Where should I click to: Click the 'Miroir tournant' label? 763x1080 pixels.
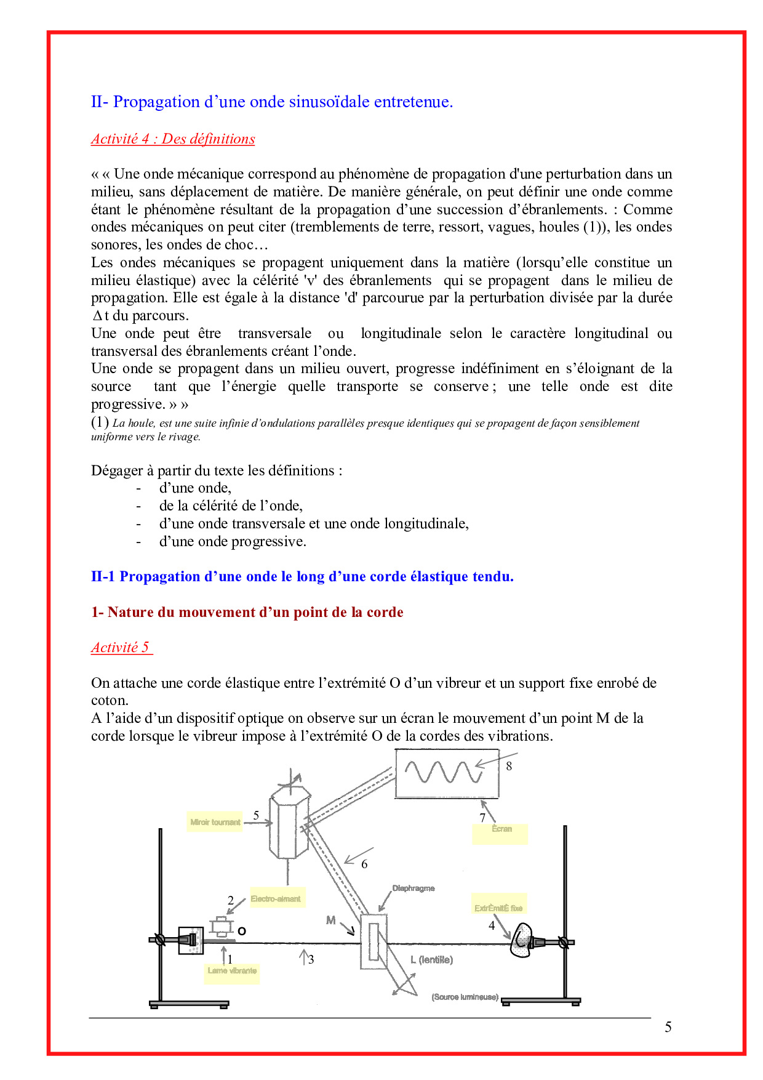pos(215,822)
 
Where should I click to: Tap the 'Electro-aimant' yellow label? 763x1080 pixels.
pos(276,899)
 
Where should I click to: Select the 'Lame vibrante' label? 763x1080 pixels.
pos(232,971)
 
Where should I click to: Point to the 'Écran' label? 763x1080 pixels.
pos(501,829)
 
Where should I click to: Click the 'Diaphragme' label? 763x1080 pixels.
pos(413,889)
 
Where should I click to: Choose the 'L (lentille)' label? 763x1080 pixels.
pos(431,960)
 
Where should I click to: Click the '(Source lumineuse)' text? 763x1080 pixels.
pos(465,997)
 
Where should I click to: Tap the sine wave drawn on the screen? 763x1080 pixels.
pos(443,772)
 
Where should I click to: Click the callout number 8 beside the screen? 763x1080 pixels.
pos(509,767)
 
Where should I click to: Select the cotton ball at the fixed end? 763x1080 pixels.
pos(521,940)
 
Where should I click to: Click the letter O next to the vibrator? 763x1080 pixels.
pos(242,931)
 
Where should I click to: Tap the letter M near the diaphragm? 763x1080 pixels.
pos(331,921)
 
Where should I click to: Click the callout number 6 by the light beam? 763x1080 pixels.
pos(364,864)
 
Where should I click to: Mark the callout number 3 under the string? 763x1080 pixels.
pos(311,959)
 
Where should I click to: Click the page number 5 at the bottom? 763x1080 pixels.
pos(668,1027)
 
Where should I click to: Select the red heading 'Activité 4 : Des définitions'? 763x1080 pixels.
pos(173,139)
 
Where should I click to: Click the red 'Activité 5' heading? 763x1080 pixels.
pos(121,648)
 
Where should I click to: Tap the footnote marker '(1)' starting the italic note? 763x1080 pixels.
pos(100,422)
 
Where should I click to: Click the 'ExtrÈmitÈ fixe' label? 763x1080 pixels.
pos(498,908)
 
